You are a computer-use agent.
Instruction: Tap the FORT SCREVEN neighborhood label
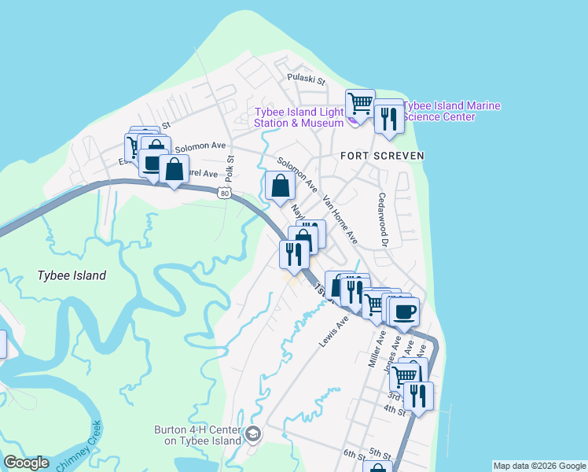(x=382, y=156)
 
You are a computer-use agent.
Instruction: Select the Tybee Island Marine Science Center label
(x=451, y=112)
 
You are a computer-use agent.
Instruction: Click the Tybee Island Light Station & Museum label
(x=299, y=117)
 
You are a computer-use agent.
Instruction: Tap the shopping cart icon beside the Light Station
(x=360, y=102)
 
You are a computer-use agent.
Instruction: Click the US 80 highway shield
(x=226, y=192)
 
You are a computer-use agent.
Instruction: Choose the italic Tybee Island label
(x=72, y=276)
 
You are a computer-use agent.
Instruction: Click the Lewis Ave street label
(x=333, y=331)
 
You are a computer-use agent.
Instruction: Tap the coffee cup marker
(x=405, y=312)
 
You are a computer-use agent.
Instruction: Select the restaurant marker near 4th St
(x=418, y=396)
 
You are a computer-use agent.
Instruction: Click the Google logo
(x=26, y=463)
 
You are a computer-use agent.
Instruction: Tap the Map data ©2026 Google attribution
(x=539, y=466)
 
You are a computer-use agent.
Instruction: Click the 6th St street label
(x=355, y=455)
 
